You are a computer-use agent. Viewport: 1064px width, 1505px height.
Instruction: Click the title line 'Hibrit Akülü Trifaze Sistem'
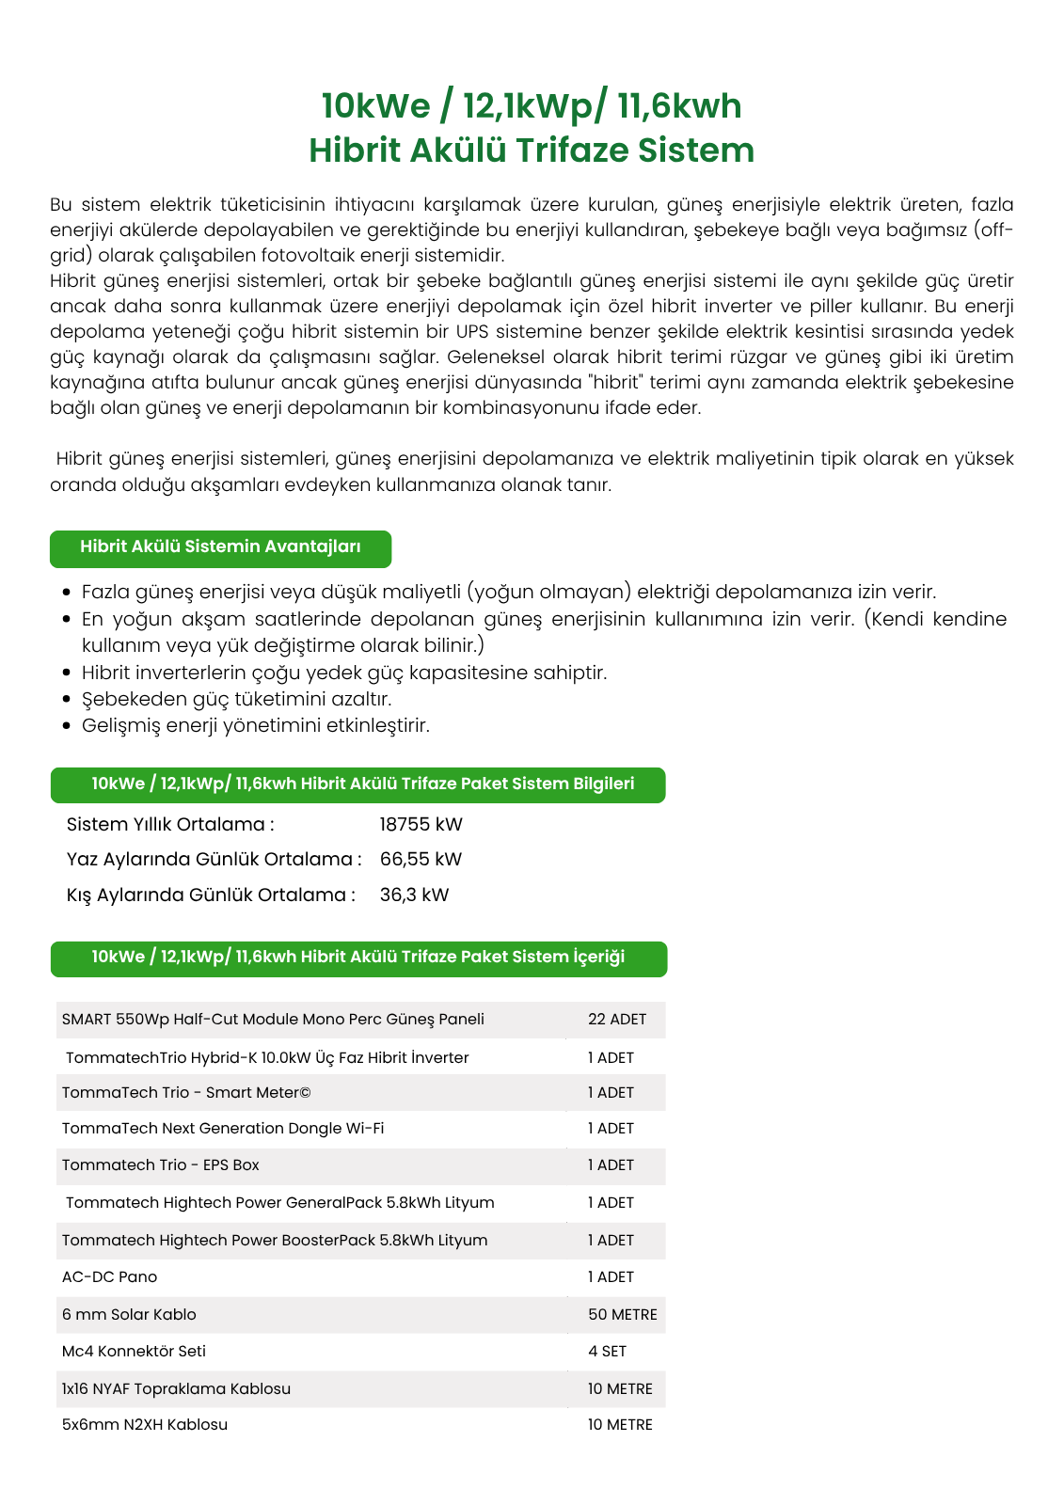(532, 150)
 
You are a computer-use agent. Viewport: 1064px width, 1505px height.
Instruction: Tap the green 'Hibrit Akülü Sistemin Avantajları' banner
(220, 547)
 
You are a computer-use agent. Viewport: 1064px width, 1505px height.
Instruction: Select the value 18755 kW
(421, 825)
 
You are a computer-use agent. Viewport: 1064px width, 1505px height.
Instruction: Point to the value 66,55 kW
(421, 860)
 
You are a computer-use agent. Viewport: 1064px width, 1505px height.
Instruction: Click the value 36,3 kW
(414, 895)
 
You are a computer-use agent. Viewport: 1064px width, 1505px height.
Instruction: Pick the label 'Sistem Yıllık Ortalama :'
(170, 825)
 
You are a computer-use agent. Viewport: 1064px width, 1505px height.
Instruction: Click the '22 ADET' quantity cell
(616, 1020)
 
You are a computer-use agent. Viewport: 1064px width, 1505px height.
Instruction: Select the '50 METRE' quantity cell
(622, 1315)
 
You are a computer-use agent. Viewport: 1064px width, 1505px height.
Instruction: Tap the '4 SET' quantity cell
(607, 1352)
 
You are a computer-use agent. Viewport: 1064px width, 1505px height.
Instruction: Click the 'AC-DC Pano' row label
(109, 1277)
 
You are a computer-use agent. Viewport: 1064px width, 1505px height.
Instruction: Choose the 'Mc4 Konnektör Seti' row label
(134, 1352)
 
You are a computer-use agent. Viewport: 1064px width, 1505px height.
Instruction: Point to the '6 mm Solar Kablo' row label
(129, 1315)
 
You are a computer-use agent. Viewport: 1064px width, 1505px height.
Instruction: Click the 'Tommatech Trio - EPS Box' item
(160, 1165)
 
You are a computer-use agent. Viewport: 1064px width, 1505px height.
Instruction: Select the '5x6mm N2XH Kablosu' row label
(145, 1425)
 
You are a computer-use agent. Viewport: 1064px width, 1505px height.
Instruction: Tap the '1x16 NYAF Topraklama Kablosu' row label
(176, 1389)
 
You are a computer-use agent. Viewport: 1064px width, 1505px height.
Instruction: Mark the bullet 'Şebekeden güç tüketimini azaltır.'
(236, 700)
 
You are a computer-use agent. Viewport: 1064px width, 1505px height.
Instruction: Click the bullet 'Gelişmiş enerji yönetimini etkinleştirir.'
(255, 726)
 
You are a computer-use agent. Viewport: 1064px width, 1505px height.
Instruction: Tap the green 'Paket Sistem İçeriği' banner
(357, 958)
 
